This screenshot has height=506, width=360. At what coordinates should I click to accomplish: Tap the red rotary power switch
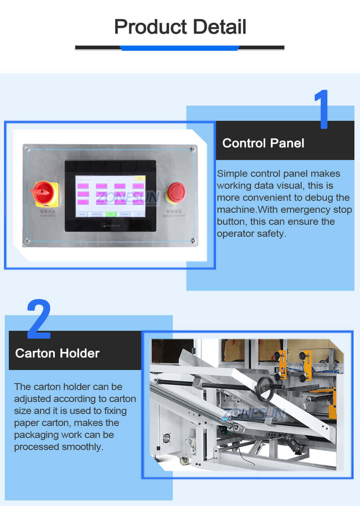click(43, 192)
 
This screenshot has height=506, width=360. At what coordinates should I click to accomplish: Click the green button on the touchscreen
click(110, 214)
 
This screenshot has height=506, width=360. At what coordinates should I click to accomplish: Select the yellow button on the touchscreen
click(140, 178)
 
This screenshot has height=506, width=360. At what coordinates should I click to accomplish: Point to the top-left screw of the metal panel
click(27, 150)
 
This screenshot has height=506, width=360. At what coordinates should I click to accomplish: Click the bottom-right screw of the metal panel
click(194, 241)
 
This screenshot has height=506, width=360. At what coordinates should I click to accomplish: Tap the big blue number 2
click(39, 319)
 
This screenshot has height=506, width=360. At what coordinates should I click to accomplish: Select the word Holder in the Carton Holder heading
click(80, 353)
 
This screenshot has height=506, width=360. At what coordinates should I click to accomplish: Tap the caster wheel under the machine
click(184, 460)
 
